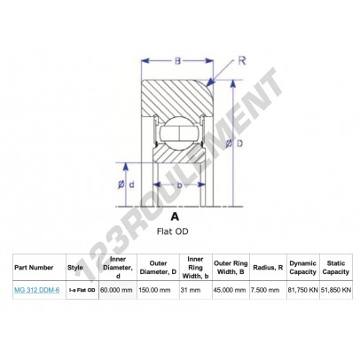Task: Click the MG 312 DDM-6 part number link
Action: click(x=36, y=290)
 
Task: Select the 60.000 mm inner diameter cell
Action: click(x=116, y=290)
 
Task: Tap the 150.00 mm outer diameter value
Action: click(x=154, y=290)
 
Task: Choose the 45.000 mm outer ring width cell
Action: click(x=230, y=290)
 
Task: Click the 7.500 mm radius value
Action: click(x=265, y=290)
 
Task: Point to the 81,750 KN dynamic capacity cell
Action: click(x=303, y=290)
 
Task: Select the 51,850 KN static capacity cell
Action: click(x=336, y=290)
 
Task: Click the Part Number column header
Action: click(x=34, y=268)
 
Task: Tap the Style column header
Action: click(x=75, y=268)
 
